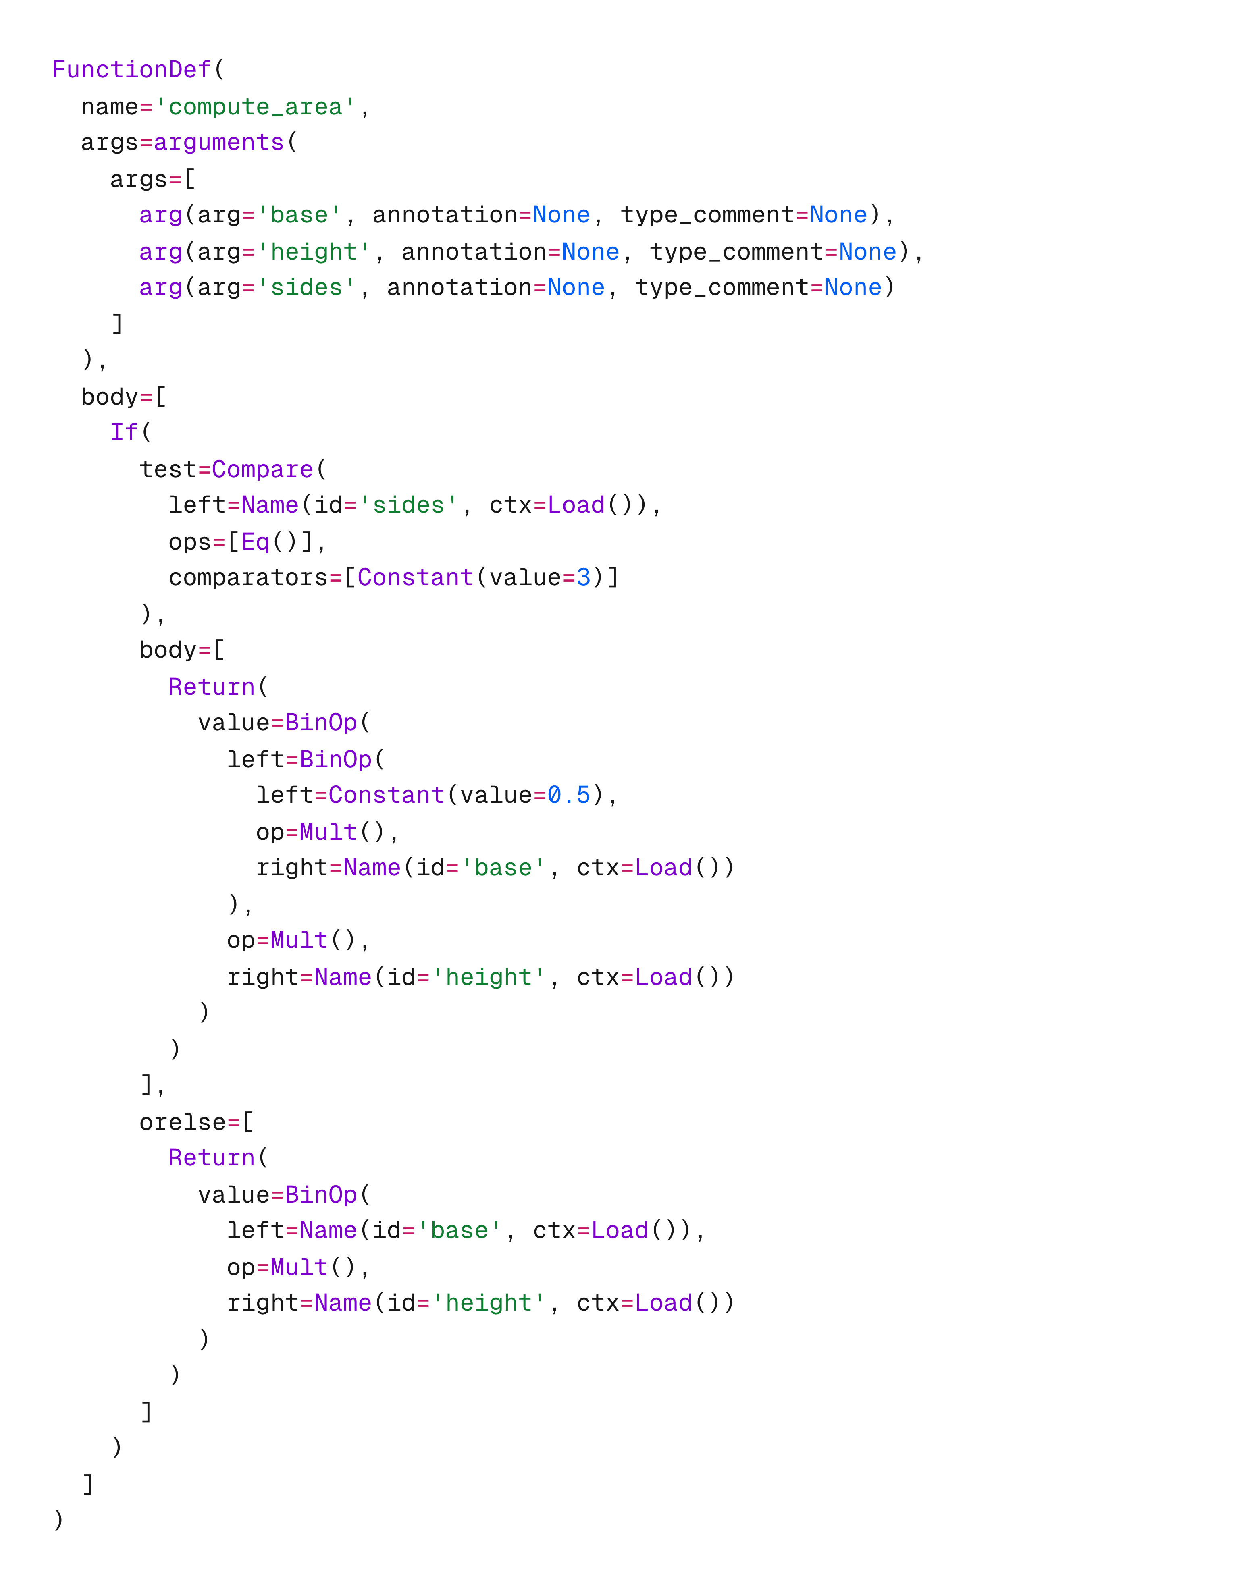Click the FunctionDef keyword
pos(131,70)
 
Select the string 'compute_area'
pos(255,107)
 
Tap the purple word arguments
pos(218,143)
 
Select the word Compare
pos(262,469)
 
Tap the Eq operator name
pos(255,542)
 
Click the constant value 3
pos(583,578)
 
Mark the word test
pos(168,469)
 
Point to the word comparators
pos(248,578)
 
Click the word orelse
pos(182,1123)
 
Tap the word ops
pos(189,542)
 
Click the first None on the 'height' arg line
pos(590,252)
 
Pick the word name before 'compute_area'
pos(109,107)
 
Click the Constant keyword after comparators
pos(415,578)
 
